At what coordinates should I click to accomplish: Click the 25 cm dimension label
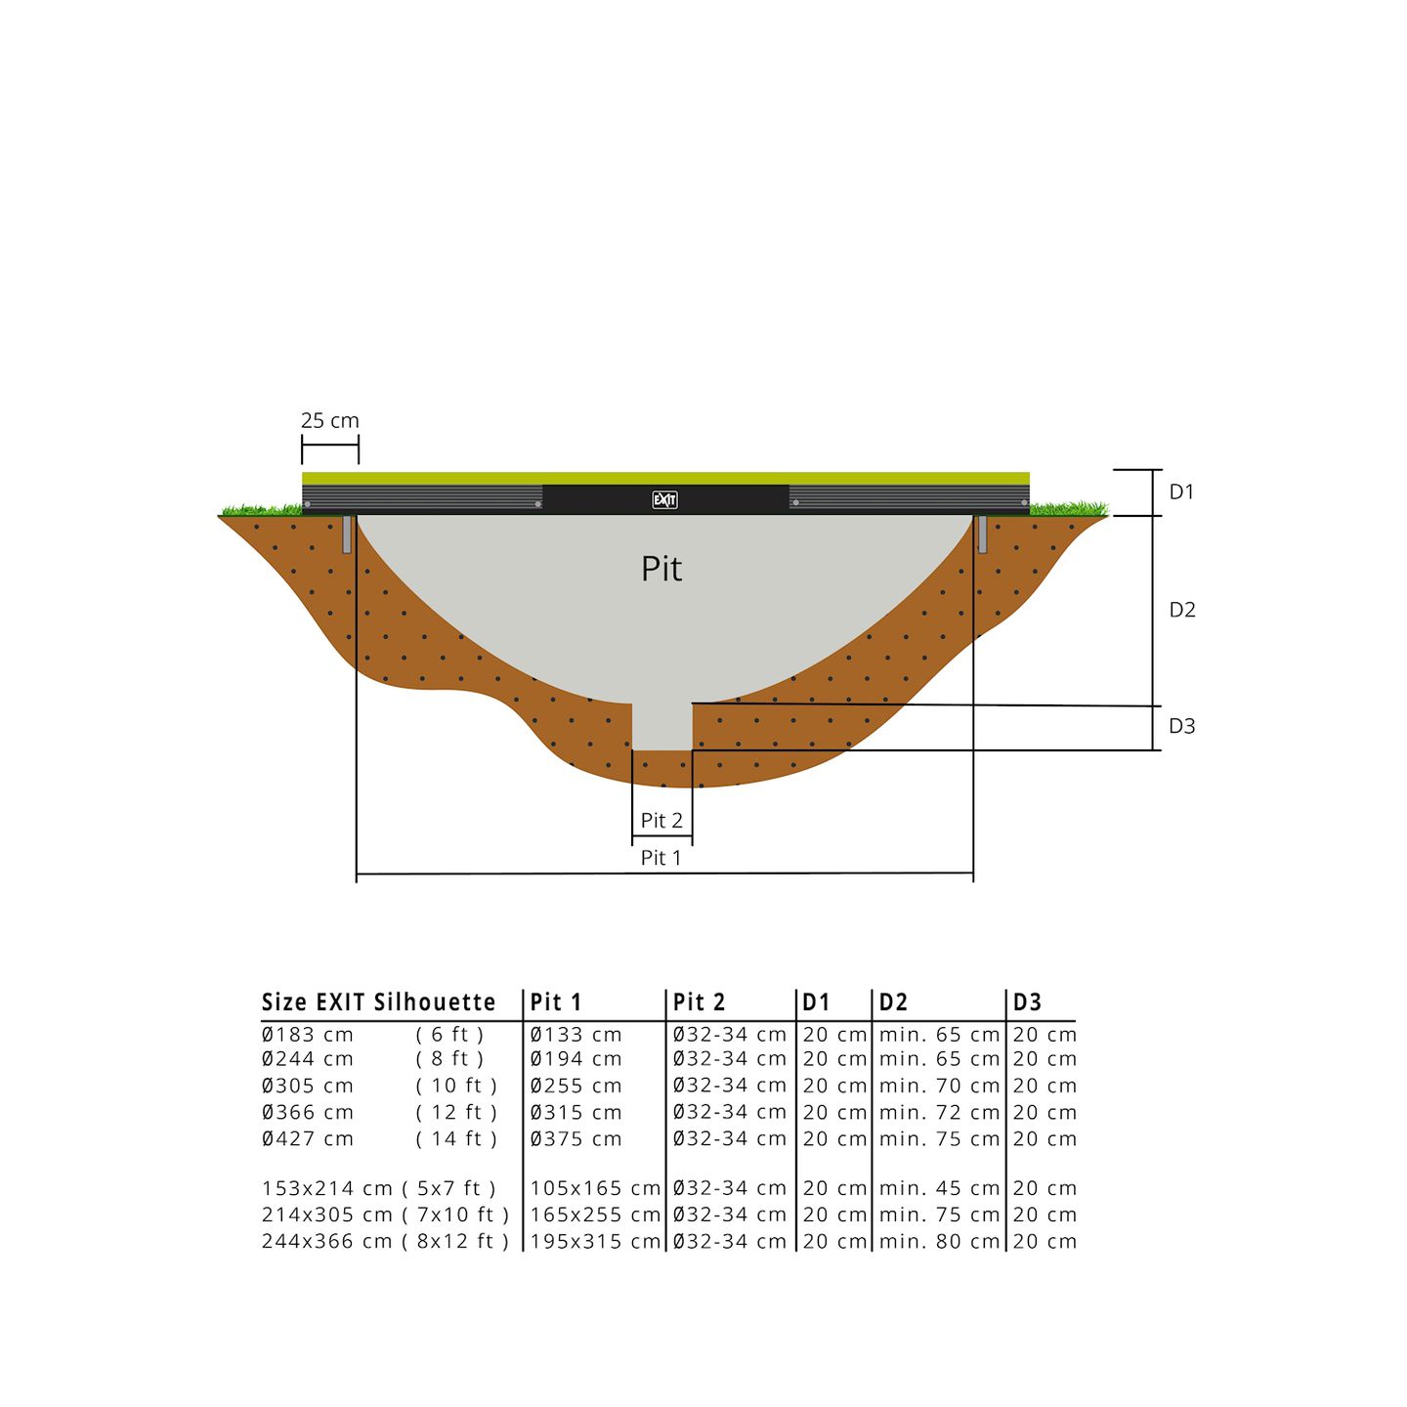(330, 421)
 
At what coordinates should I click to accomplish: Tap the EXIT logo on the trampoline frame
(664, 500)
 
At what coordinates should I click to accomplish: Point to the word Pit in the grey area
(661, 569)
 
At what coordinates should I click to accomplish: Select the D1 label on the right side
(1182, 492)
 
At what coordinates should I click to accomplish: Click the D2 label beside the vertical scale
(1182, 610)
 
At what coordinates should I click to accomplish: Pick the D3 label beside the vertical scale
(1182, 726)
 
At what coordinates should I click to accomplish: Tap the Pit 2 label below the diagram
(661, 821)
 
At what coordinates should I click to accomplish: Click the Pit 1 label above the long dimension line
(661, 858)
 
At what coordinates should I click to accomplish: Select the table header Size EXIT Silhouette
(379, 1002)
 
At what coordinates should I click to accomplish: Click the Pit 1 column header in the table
(556, 1002)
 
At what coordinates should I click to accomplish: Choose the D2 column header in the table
(893, 1002)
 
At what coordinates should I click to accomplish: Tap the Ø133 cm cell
(576, 1035)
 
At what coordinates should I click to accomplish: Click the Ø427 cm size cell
(308, 1139)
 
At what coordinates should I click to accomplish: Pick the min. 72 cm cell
(939, 1113)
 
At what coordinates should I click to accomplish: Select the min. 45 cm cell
(939, 1189)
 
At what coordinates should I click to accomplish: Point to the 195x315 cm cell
(595, 1242)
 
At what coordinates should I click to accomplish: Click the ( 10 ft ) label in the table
(456, 1087)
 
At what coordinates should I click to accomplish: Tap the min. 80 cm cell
(939, 1242)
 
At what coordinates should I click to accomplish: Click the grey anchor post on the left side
(347, 534)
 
